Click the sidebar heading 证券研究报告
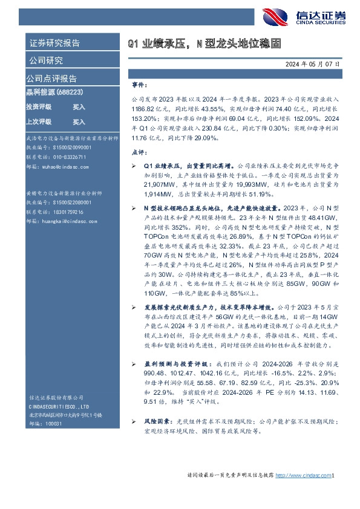coord(54,44)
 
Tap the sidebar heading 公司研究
coord(45,60)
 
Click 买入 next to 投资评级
coord(79,106)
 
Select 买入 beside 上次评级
coord(79,122)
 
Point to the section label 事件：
coord(139,86)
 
